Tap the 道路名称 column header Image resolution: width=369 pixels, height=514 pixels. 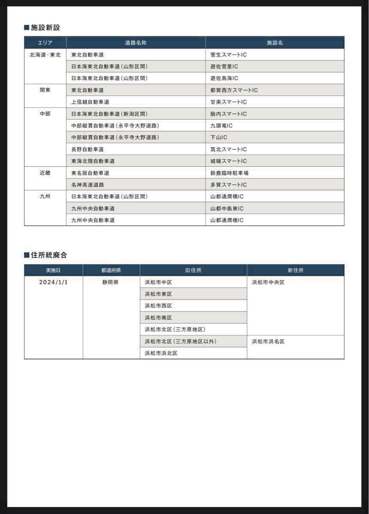[x=135, y=43]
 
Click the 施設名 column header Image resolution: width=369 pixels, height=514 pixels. [x=275, y=43]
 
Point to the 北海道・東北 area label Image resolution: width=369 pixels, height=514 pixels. [x=45, y=55]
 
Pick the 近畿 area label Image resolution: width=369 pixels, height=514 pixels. [x=45, y=173]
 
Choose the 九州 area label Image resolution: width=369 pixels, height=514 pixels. [x=45, y=197]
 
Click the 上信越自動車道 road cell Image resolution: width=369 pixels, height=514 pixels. [x=90, y=102]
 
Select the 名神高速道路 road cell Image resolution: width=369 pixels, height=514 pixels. [x=87, y=185]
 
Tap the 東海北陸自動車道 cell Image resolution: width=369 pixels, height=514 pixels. [x=93, y=161]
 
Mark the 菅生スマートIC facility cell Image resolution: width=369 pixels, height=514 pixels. [x=228, y=55]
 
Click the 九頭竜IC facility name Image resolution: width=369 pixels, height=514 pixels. [x=221, y=126]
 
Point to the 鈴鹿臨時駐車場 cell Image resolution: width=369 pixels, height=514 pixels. [x=229, y=173]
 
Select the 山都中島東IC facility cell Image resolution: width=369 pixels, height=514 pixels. [x=227, y=208]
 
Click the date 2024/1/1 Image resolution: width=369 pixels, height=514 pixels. [x=54, y=282]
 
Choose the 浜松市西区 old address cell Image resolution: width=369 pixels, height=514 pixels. [x=158, y=306]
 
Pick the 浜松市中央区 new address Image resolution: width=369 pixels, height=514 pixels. [x=268, y=282]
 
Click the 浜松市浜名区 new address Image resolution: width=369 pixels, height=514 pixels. [x=268, y=341]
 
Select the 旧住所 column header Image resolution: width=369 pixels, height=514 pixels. [x=193, y=270]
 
